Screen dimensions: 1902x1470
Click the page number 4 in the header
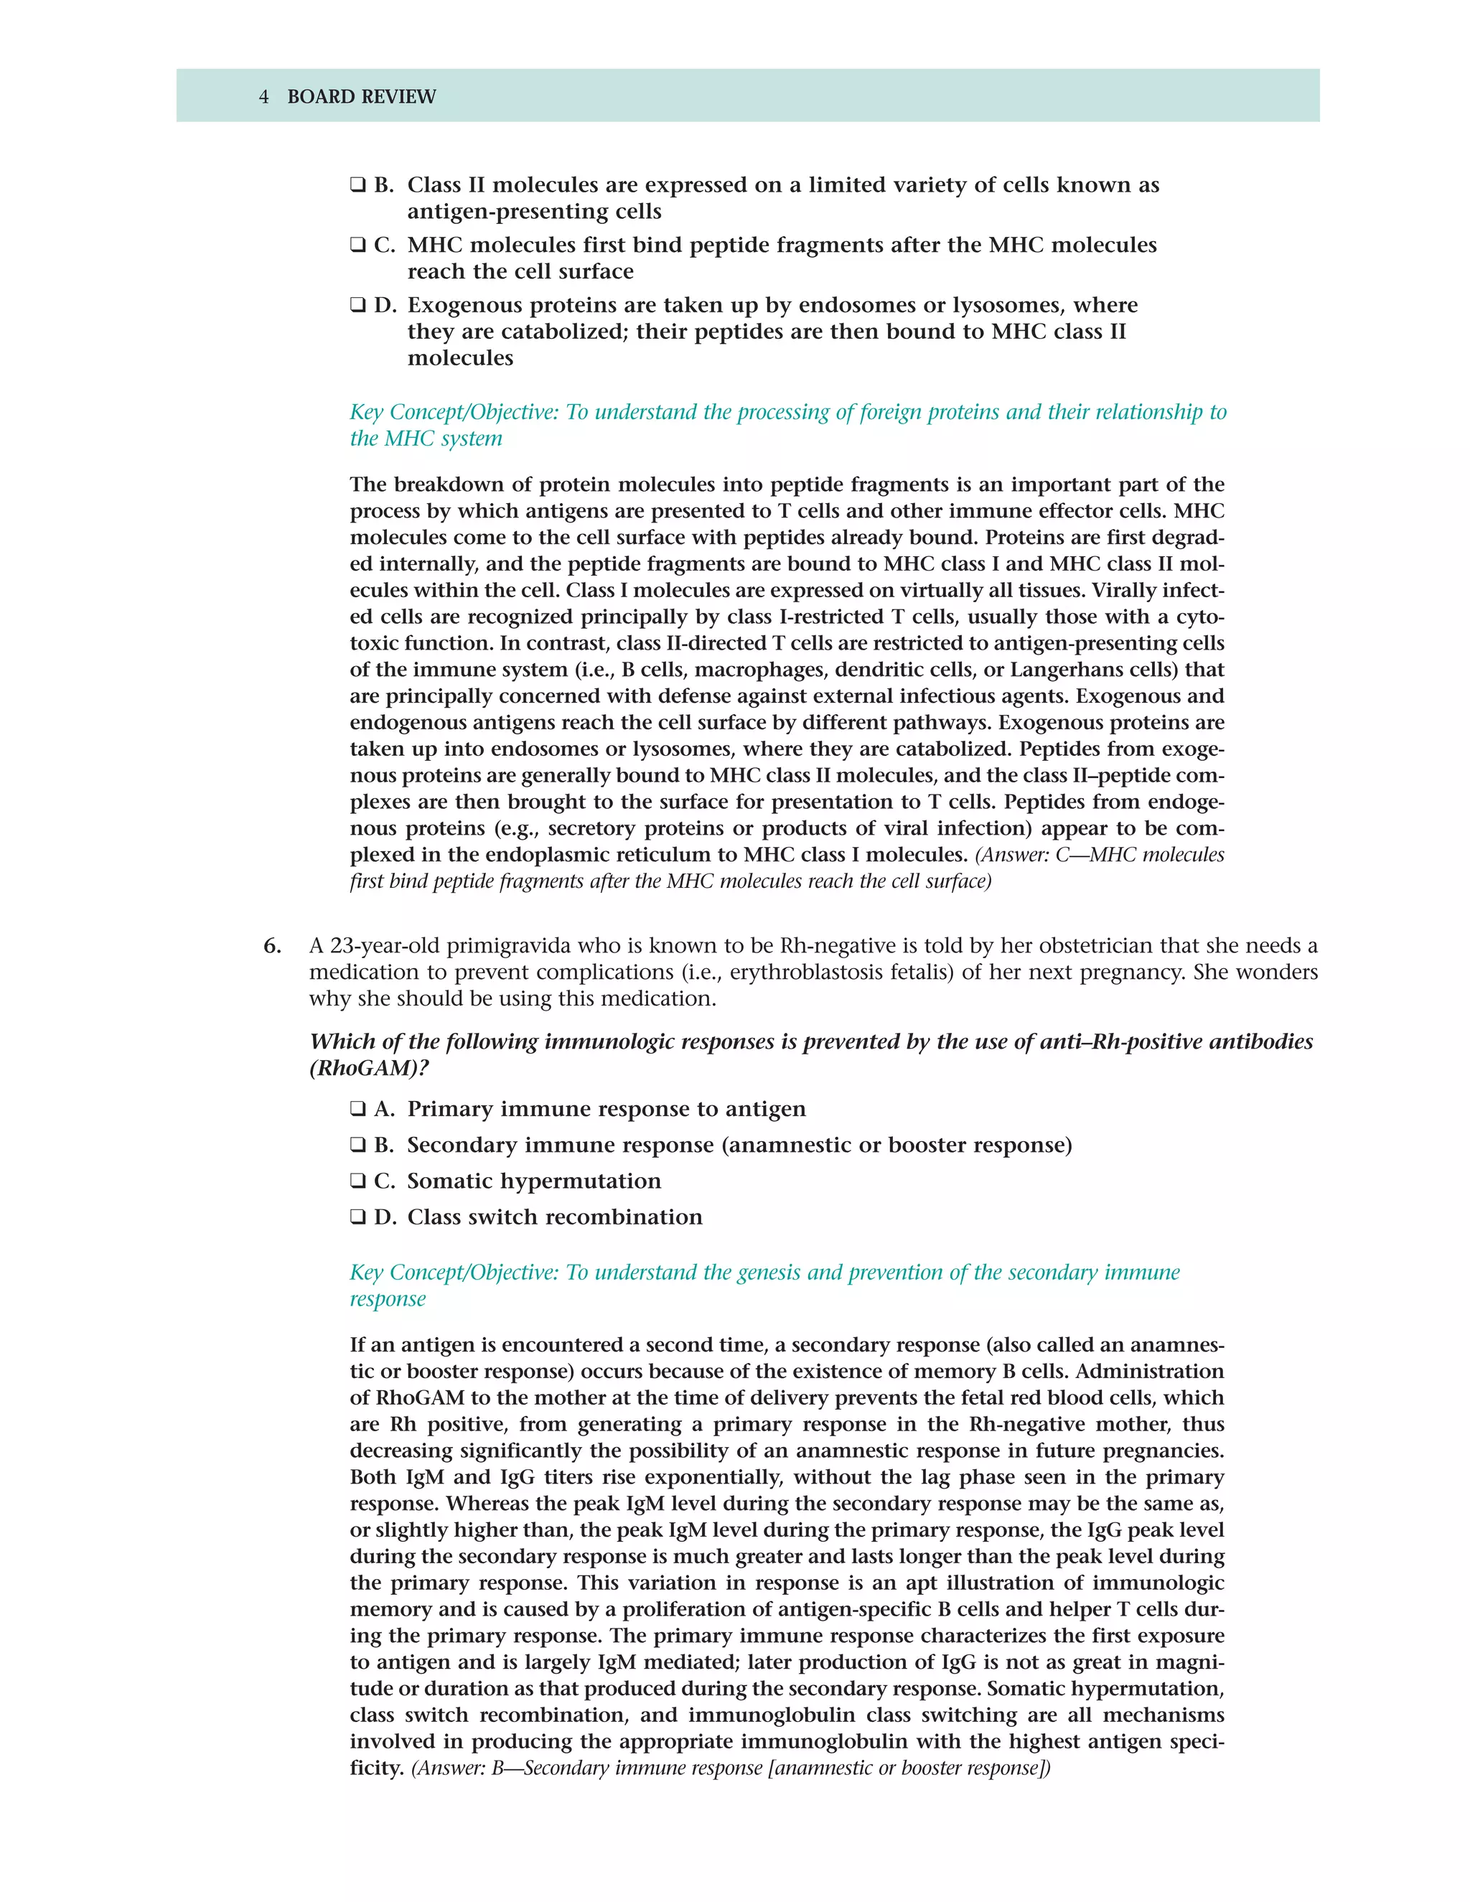tap(264, 97)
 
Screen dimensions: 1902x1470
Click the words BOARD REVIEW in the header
tap(362, 97)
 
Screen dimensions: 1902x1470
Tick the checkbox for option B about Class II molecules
tap(358, 185)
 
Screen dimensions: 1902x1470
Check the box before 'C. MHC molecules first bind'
tap(358, 245)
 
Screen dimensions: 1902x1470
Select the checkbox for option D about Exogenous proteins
tap(358, 306)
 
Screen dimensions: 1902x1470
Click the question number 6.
tap(273, 946)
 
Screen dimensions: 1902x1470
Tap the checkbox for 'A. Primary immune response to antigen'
tap(358, 1110)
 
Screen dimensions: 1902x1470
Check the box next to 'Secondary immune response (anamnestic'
tap(358, 1146)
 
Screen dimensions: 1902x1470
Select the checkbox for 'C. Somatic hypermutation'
tap(358, 1182)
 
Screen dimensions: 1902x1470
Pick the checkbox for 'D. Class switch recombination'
tap(358, 1217)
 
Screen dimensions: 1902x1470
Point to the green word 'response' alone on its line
tap(388, 1299)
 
